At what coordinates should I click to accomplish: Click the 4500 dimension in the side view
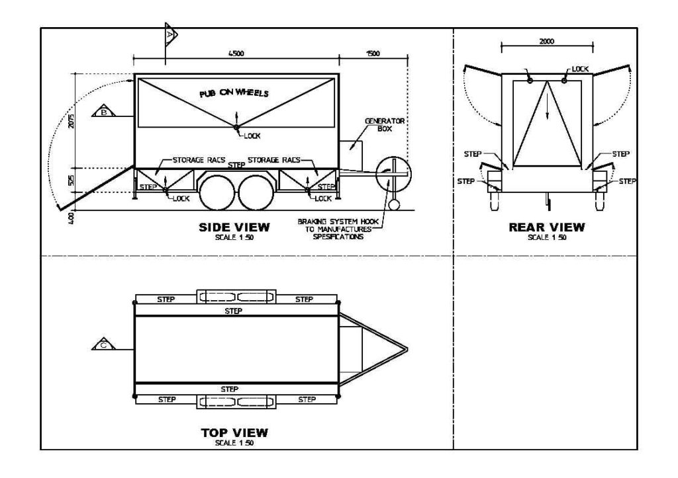point(236,54)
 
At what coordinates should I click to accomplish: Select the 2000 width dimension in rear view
point(546,42)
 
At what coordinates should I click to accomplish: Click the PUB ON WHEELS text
point(234,93)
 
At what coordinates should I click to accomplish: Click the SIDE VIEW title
point(234,227)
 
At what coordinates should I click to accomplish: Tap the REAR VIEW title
point(546,227)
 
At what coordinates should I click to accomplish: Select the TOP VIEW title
point(234,433)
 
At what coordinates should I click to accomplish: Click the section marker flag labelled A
point(170,33)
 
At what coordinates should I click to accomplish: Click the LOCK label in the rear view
point(580,69)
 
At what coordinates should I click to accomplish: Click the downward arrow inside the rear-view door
point(547,112)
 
